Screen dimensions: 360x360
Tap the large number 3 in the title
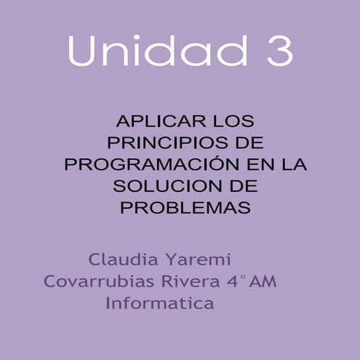tap(276, 50)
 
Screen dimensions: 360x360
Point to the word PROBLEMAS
tap(185, 208)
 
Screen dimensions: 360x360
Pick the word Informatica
tap(160, 303)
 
